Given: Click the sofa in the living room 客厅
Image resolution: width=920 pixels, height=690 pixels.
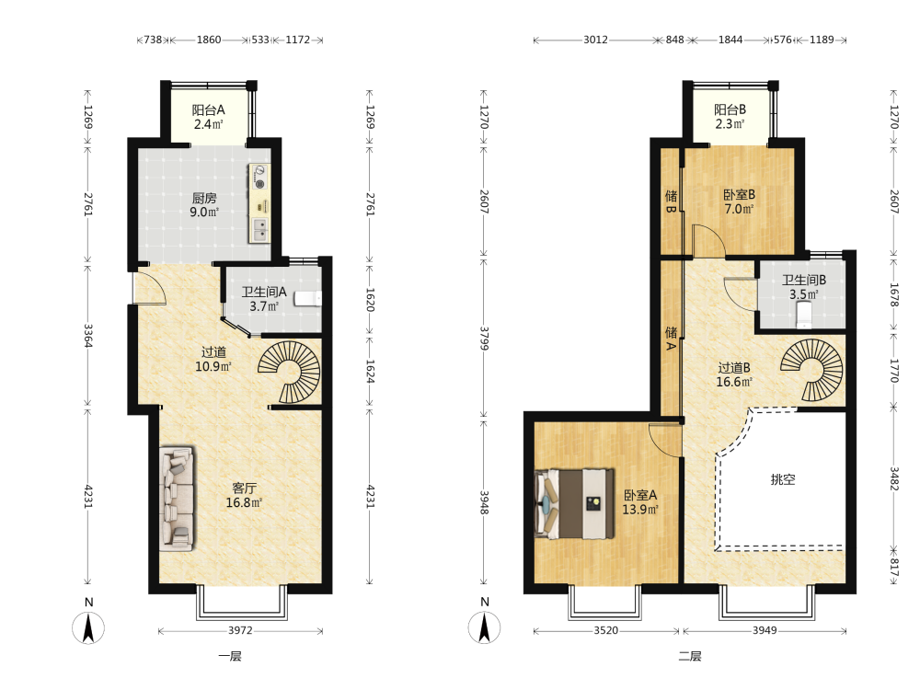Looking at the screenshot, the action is coord(178,500).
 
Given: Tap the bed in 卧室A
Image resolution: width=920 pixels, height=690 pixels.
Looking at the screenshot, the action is coord(574,503).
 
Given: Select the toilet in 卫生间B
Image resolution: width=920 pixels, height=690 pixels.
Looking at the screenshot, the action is coord(804,315).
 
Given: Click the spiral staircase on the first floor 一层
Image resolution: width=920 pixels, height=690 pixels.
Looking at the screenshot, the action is coord(291,372).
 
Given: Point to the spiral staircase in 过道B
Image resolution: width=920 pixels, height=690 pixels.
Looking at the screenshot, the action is coord(812,370).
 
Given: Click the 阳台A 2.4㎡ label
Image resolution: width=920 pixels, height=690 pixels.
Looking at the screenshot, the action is coord(208,117).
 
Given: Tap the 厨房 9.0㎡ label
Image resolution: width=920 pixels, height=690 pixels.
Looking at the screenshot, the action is coord(204,205).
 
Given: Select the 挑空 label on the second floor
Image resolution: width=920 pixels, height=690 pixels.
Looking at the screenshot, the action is coord(783,479).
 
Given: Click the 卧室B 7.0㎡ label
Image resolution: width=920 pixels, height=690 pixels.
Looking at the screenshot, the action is coord(739,201).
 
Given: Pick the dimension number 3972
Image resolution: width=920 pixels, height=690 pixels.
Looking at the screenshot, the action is coord(240,631).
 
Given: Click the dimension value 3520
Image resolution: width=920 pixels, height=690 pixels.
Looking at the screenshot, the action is coord(606,631).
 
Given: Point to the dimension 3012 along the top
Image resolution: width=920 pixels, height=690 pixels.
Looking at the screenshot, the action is coord(595,40).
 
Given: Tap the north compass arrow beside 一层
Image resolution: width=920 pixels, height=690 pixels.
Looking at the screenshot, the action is coord(88,627).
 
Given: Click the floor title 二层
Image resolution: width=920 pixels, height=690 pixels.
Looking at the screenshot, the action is coord(690,656).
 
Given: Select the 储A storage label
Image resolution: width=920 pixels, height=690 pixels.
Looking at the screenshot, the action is coord(671,339).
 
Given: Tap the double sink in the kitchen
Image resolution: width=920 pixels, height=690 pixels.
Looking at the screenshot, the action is coord(259,230).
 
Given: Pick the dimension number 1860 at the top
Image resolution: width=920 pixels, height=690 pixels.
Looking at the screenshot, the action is coord(209,40).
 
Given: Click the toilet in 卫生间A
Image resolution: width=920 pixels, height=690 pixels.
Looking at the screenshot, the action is coord(308,299).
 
